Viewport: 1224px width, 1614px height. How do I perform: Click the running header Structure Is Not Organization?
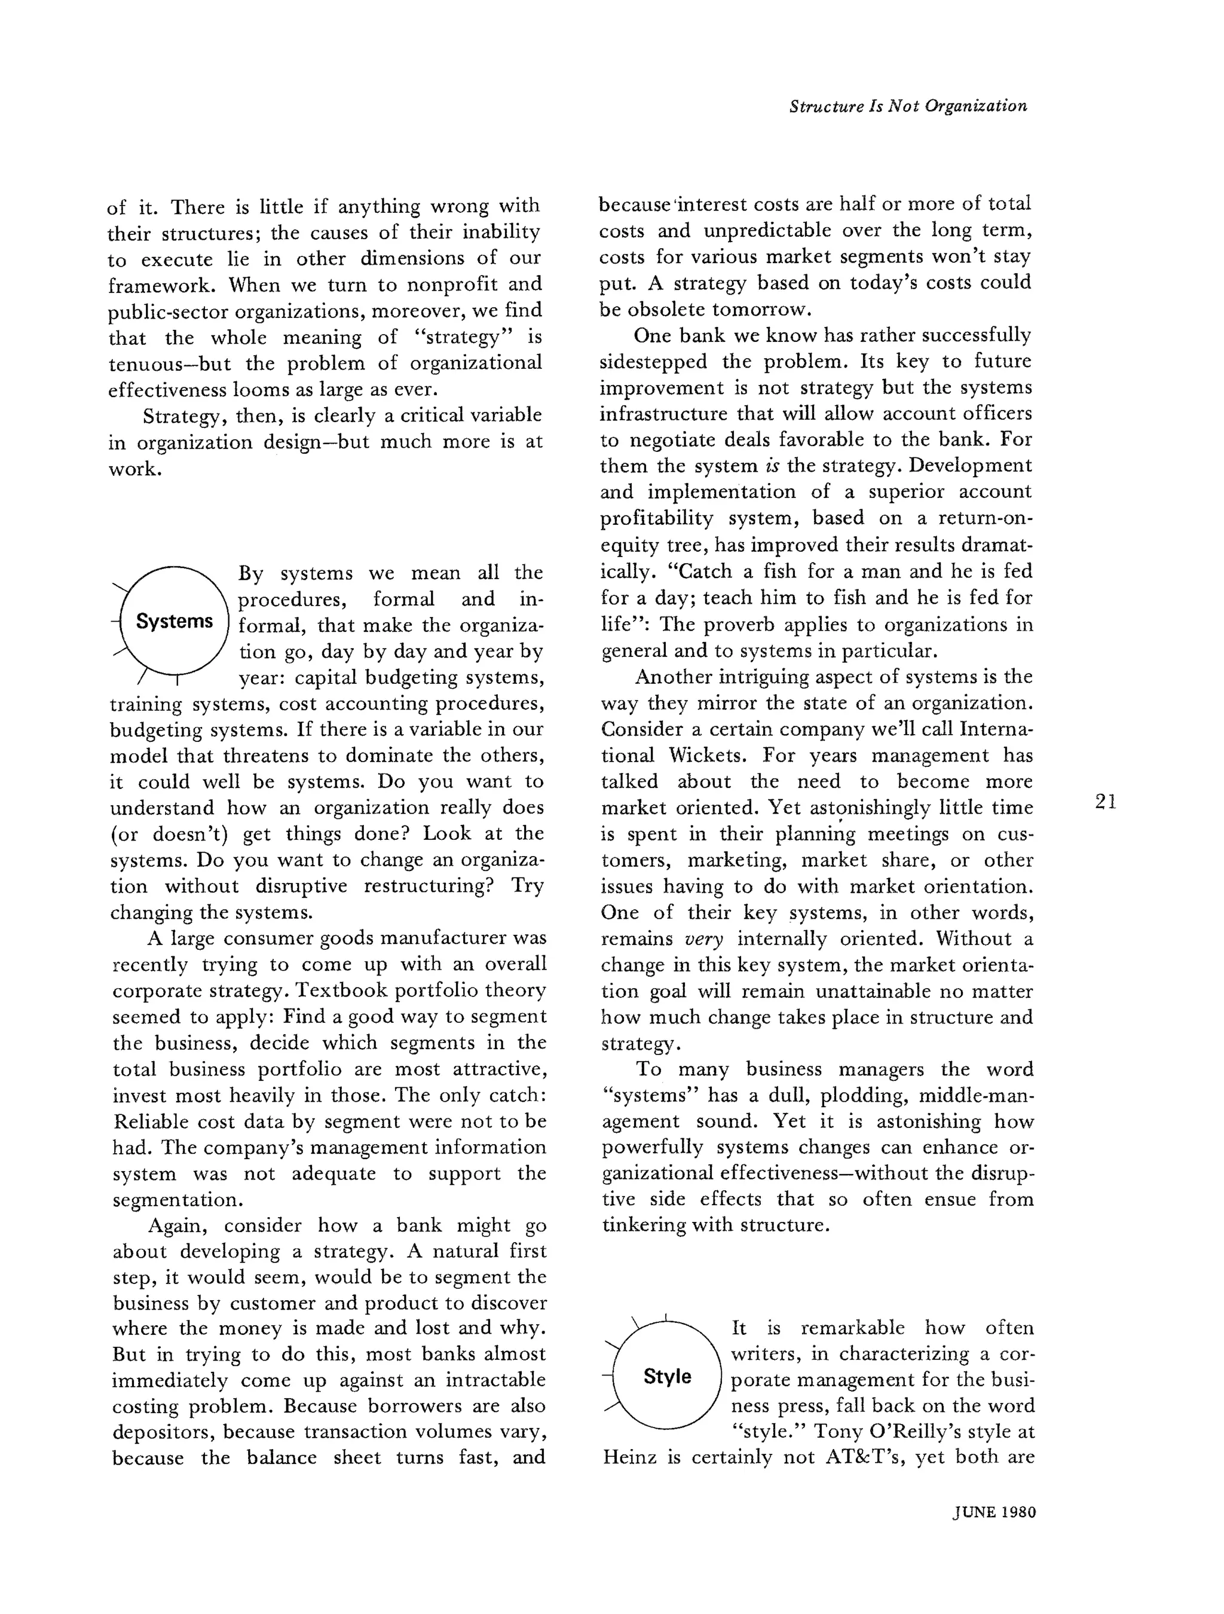[x=908, y=106]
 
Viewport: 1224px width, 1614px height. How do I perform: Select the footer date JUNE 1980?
[x=994, y=1512]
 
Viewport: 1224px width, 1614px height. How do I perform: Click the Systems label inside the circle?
[x=175, y=622]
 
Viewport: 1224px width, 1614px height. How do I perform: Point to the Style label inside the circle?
[x=667, y=1377]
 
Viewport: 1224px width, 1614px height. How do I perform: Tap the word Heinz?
[x=631, y=1458]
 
